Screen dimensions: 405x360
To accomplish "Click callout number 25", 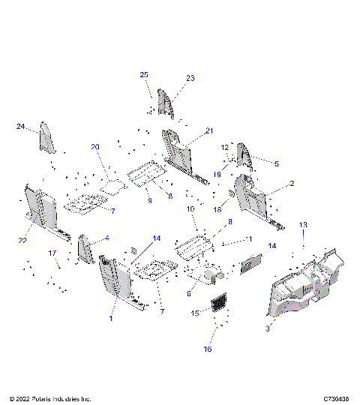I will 144,75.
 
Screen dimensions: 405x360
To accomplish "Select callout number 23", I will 190,78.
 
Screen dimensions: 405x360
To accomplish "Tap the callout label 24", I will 20,127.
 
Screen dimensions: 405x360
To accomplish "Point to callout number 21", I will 209,130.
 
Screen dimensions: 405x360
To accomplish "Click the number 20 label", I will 95,146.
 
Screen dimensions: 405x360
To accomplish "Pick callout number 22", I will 22,239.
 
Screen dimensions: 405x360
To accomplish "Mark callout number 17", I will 53,253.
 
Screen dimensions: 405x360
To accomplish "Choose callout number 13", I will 304,225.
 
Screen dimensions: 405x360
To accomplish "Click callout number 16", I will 208,349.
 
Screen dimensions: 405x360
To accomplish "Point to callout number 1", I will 111,319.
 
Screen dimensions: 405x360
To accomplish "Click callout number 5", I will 276,163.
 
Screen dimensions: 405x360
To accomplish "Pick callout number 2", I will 292,183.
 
